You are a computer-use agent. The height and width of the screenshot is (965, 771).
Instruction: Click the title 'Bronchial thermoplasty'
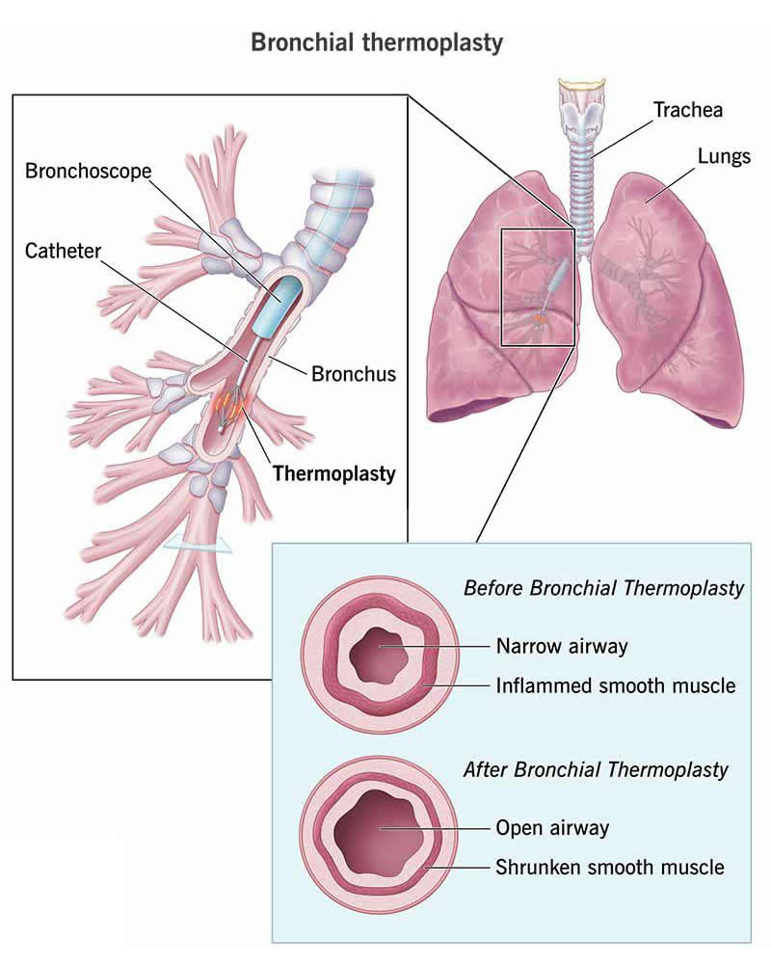pos(377,42)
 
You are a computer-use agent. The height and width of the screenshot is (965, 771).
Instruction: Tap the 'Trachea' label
pos(687,109)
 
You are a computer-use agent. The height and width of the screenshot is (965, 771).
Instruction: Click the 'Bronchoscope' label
pos(89,171)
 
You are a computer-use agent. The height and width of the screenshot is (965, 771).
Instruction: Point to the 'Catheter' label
pos(63,252)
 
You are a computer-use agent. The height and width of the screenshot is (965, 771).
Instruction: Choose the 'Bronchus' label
pos(353,373)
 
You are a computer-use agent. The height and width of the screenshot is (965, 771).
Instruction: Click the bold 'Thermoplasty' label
pos(334,473)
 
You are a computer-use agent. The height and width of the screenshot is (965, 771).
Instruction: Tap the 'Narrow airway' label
pos(561,645)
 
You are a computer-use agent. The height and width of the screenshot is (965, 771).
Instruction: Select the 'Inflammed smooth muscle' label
pos(615,686)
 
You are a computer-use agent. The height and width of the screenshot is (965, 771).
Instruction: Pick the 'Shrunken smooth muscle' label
pos(609,867)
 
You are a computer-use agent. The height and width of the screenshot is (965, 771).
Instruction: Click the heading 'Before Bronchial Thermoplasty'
pos(603,588)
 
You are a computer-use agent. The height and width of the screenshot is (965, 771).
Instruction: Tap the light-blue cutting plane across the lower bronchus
pos(198,546)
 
